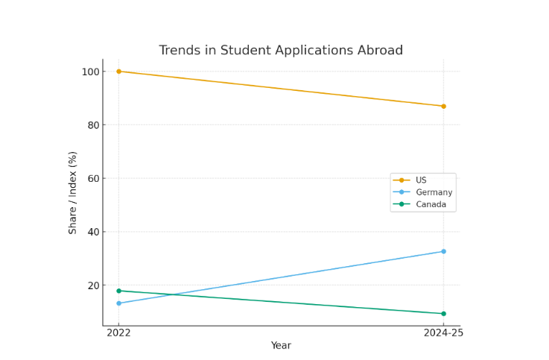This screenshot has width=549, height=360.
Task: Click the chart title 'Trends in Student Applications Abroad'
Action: tap(281, 51)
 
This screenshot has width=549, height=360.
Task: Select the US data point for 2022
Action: tap(118, 72)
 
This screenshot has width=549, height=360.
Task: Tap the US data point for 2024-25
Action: tap(443, 106)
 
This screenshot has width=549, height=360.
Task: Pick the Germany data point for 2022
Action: tap(118, 303)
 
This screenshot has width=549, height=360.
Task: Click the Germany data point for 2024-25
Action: tap(443, 251)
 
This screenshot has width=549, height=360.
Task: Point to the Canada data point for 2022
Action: tap(118, 291)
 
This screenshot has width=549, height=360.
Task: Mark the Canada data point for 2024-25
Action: tap(443, 314)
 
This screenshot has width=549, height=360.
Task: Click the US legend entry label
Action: tap(421, 180)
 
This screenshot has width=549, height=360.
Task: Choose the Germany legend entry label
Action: tap(434, 192)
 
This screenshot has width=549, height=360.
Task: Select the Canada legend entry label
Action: tap(431, 204)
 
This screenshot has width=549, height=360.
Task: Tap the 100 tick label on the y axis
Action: tap(90, 72)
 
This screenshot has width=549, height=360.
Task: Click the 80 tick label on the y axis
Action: tap(93, 125)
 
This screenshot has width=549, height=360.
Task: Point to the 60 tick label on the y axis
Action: tap(93, 178)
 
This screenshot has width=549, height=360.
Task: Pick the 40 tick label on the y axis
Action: tap(93, 232)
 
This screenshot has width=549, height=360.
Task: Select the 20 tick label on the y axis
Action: tap(93, 285)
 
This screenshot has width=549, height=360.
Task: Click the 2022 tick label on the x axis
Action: tap(118, 332)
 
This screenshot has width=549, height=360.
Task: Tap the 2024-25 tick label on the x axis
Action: tap(443, 332)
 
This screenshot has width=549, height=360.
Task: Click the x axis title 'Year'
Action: tap(281, 346)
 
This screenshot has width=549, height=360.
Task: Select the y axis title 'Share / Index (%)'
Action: tap(73, 192)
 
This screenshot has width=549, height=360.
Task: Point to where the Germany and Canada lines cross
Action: tap(173, 294)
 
